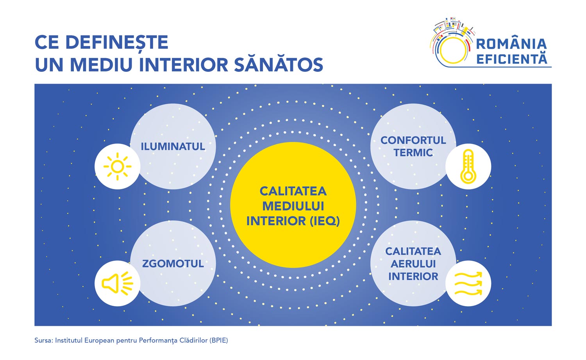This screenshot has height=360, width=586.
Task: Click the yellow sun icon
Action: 117,167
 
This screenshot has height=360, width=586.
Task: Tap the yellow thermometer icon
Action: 468,166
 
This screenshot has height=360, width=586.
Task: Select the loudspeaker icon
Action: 117,283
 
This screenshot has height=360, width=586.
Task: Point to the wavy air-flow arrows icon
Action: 468,283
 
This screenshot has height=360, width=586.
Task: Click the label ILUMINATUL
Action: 173,146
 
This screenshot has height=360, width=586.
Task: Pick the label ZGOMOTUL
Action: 173,264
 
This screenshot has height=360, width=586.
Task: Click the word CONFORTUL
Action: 413,141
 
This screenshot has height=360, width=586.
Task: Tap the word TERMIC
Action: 413,153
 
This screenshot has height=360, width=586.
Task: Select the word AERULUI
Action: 413,264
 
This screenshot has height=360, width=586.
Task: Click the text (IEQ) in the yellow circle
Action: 325,221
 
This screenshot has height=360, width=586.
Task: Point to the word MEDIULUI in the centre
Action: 293,206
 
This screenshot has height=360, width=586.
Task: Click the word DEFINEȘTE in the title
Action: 117,42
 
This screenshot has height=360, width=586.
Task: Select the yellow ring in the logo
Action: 453,50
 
